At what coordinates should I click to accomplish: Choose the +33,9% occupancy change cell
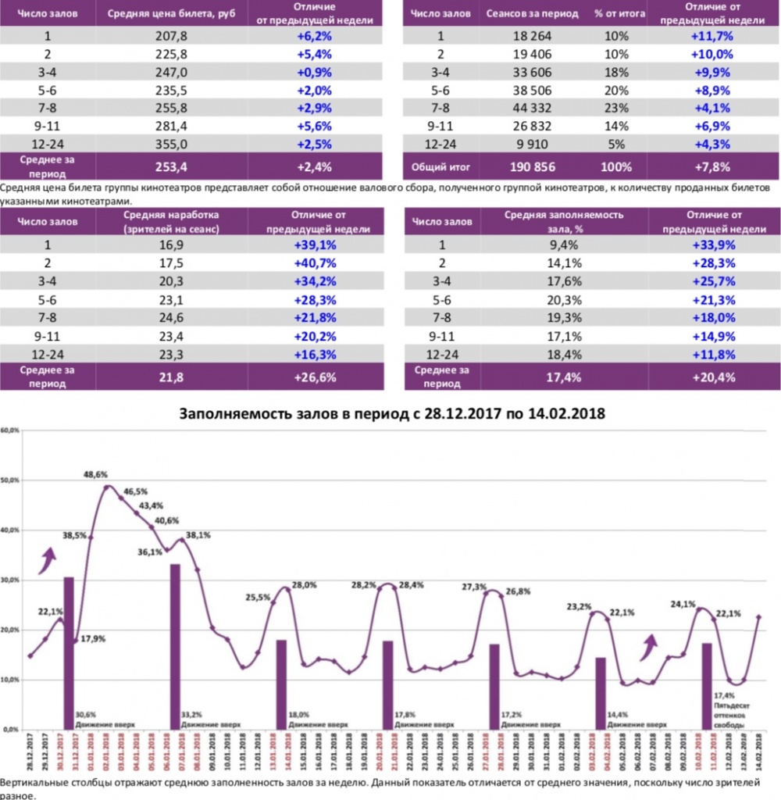tap(710, 244)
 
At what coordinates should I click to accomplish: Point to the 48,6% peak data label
tap(97, 474)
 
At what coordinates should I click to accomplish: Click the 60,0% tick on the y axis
tap(10, 430)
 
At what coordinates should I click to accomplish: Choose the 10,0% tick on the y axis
tap(10, 680)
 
